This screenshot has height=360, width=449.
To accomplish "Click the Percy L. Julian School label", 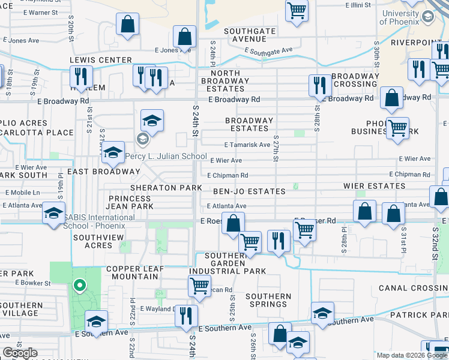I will coord(166,157).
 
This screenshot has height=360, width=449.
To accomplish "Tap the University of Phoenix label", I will coord(400,17).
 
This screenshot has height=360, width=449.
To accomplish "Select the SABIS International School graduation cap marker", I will coord(53,213).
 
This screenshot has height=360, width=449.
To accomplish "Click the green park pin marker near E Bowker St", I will coord(79,286).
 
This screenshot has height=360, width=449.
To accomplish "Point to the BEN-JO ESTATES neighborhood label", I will coord(249,191).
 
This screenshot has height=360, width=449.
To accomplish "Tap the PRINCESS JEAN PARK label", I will coord(131,202).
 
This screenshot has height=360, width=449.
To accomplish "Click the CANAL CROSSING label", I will coord(413,289).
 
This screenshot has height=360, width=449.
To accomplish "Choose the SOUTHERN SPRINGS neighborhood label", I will coord(268,300).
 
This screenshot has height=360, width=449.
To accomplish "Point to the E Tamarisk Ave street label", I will coord(247,145).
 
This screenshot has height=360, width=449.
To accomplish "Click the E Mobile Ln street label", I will coord(22,193).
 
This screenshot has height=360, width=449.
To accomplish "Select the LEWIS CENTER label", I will coord(100,60).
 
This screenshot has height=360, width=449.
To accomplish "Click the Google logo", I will coord(20,353).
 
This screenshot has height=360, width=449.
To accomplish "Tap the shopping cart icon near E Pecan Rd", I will coord(199,286).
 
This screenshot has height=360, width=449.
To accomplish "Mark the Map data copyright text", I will coord(400,355).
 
